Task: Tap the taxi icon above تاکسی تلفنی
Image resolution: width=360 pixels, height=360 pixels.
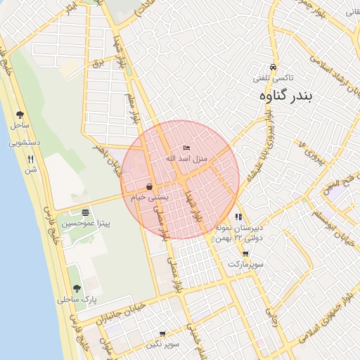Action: tap(273, 68)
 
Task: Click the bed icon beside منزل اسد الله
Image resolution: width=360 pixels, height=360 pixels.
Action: tap(186, 148)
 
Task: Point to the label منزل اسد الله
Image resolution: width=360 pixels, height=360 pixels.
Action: tap(186, 158)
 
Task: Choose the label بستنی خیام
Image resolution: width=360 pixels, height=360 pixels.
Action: tap(150, 198)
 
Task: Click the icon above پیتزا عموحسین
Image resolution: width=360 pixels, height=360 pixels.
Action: tap(85, 212)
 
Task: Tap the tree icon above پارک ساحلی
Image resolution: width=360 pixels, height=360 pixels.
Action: tap(77, 288)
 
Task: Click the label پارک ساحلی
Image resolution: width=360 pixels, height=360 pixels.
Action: tap(78, 299)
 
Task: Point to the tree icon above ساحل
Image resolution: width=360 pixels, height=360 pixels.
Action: tap(19, 115)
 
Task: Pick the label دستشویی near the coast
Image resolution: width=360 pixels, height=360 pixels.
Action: tap(27, 142)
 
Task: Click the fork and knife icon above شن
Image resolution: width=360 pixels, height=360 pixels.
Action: tap(30, 159)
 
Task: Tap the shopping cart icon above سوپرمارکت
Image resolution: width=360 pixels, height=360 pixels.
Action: tap(245, 254)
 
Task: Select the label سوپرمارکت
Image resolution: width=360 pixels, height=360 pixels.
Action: tap(245, 264)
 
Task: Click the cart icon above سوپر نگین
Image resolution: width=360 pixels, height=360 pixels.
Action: tap(162, 334)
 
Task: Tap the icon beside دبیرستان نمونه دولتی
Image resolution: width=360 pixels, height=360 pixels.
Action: tap(238, 217)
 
